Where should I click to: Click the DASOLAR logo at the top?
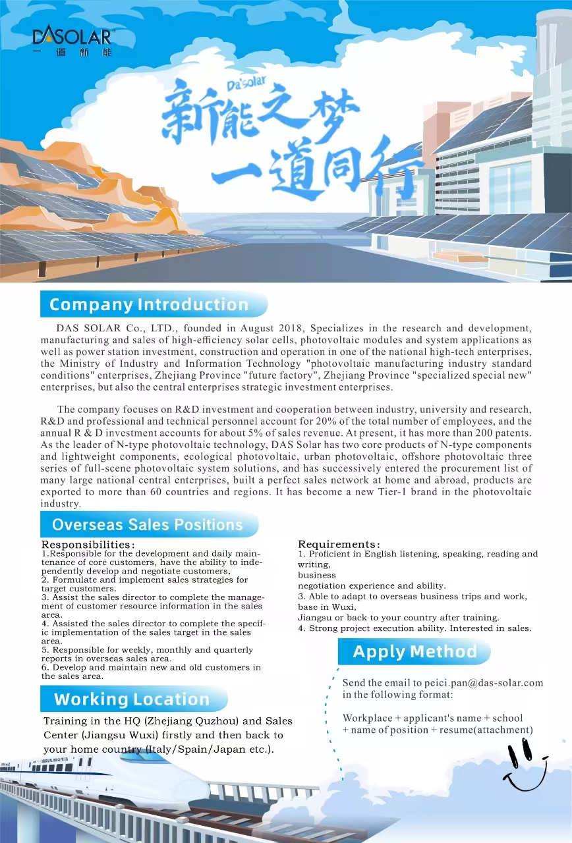72,36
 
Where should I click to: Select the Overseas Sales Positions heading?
148,525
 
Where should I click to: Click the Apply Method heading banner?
415,652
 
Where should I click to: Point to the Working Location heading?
132,699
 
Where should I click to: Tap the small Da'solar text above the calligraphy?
246,83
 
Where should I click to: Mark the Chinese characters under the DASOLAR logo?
72,52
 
